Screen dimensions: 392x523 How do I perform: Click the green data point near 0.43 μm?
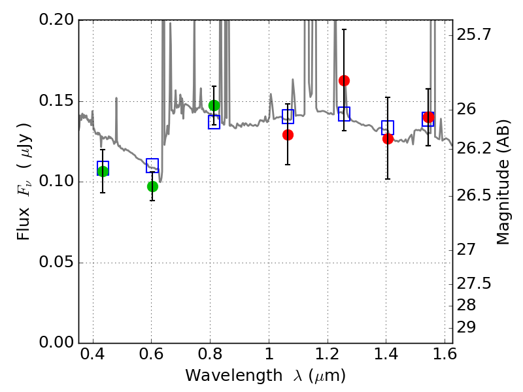(x=103, y=171)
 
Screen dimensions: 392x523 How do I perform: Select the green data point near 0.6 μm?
(x=152, y=186)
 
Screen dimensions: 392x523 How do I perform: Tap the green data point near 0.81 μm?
(x=214, y=105)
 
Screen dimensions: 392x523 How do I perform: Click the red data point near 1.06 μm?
(x=288, y=135)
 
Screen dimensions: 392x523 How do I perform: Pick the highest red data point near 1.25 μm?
(x=344, y=80)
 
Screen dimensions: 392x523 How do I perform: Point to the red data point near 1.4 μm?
(x=388, y=139)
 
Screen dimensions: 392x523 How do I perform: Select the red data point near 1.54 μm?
(x=429, y=118)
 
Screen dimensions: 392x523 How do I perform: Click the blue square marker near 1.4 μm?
(x=388, y=127)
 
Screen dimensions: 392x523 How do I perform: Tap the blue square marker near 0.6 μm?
(x=152, y=165)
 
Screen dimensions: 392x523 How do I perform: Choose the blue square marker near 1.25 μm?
(x=344, y=114)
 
